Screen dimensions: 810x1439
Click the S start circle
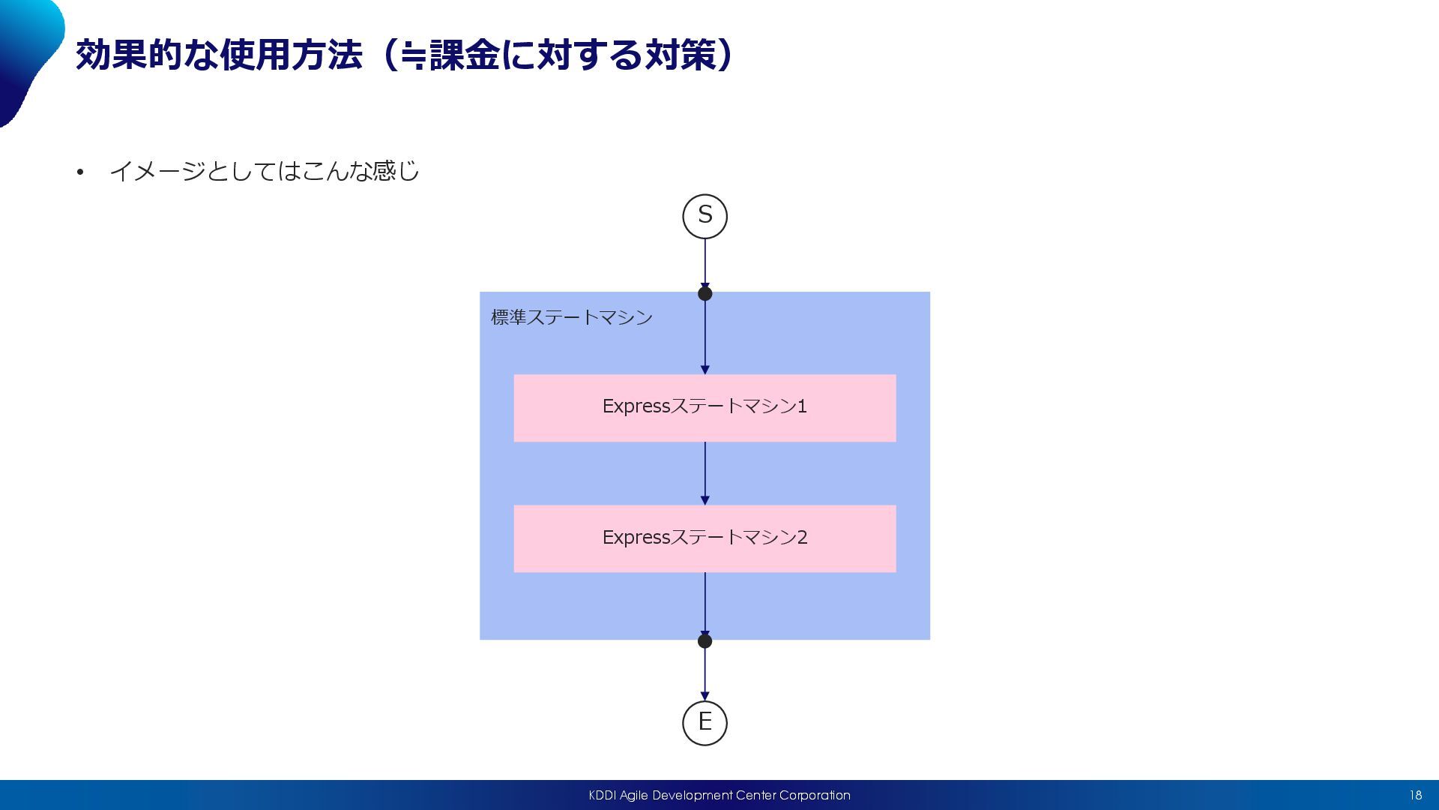click(705, 216)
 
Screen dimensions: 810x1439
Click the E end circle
click(705, 723)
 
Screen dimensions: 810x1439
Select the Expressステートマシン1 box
click(705, 407)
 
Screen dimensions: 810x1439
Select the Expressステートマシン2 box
click(705, 538)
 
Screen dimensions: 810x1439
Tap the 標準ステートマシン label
click(572, 317)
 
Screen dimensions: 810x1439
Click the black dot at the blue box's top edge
click(705, 293)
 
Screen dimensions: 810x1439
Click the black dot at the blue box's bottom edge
click(705, 641)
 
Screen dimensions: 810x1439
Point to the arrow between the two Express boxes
click(705, 473)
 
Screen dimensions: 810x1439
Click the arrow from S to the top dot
click(705, 262)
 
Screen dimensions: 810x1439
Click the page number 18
click(1415, 795)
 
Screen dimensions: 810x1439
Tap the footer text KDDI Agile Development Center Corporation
click(719, 795)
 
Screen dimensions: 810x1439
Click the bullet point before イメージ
click(80, 172)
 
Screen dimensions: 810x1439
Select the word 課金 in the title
click(464, 55)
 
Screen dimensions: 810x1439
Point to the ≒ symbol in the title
click(413, 57)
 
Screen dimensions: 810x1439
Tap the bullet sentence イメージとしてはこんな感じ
click(264, 172)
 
